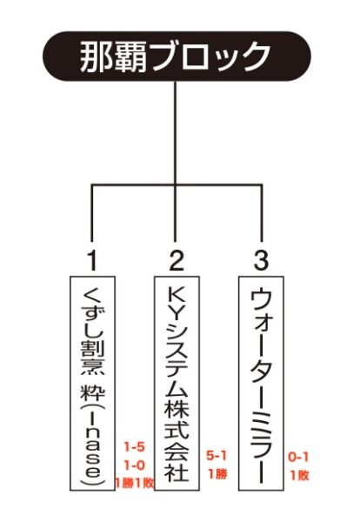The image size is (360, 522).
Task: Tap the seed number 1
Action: [92, 261]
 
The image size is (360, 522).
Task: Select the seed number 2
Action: [177, 261]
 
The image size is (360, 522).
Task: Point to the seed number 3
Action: [261, 261]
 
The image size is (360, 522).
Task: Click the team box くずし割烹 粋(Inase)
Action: [92, 383]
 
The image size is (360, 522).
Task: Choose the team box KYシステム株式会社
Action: [177, 383]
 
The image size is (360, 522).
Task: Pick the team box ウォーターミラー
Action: [261, 383]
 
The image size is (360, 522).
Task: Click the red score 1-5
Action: [135, 447]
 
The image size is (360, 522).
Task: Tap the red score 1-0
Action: [135, 465]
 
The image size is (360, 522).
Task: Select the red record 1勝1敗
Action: [134, 484]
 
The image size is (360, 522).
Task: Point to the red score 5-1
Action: [217, 455]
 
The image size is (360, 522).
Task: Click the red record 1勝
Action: [218, 473]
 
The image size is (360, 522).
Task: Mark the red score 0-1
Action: [298, 458]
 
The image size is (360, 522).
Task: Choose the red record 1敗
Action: [300, 475]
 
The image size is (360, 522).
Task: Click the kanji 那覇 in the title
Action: [113, 57]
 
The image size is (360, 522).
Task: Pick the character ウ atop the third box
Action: [261, 300]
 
